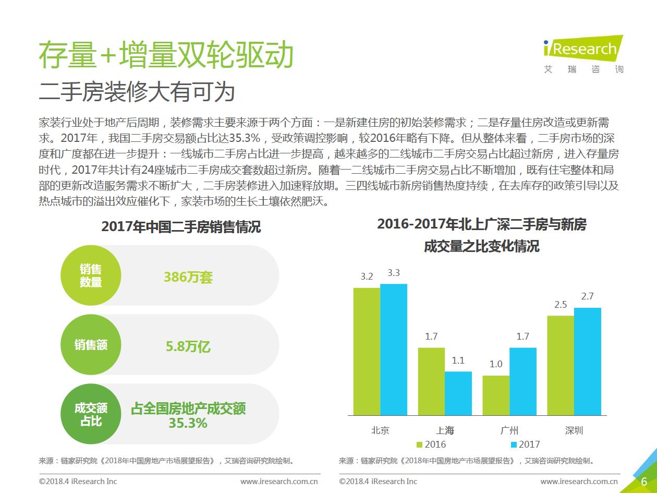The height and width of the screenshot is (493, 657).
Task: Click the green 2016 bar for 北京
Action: pos(367,351)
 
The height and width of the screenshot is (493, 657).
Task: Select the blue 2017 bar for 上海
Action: pos(458,393)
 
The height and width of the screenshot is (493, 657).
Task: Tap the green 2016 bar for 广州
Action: pos(496,395)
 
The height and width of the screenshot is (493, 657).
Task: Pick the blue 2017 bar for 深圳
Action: pos(587,361)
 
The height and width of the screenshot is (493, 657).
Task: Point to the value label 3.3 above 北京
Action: pos(394,273)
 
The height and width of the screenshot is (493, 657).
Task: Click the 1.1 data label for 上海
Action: pos(458,360)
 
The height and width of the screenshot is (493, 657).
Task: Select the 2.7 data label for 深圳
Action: pos(587,296)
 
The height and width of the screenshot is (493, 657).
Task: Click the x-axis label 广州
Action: pos(509,430)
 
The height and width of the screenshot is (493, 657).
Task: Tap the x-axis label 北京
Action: pos(380,430)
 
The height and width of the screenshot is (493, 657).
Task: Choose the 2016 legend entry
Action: pos(431,444)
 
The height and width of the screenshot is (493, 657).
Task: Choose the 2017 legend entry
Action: pos(525,444)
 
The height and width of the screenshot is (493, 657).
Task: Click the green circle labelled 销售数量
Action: pos(91,275)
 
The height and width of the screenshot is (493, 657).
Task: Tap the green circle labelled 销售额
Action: pos(91,345)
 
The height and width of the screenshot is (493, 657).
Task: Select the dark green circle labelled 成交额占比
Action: pos(91,414)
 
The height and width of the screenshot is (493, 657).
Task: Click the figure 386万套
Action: pos(188,277)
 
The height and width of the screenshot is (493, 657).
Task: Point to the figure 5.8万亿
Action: pos(188,346)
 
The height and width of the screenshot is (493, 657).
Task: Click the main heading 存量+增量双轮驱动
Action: pos(166,55)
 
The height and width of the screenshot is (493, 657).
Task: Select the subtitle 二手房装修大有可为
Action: pos(137,92)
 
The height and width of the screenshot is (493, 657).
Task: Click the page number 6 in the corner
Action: pos(644,481)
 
